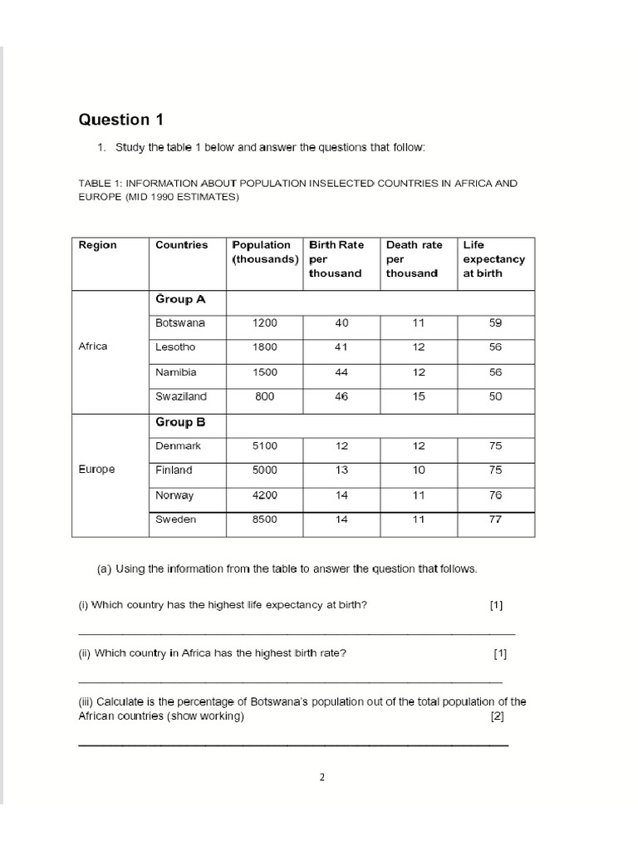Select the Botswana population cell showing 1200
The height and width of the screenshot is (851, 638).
point(264,322)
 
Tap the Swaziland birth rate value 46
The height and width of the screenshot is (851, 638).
point(341,396)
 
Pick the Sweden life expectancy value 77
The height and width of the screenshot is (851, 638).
point(495,519)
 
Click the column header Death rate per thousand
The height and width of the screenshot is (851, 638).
point(414,259)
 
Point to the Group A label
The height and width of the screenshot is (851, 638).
point(174,299)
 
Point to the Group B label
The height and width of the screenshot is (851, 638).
point(174,422)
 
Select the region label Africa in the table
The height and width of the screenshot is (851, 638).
point(93,347)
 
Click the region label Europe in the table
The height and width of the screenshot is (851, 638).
point(96,470)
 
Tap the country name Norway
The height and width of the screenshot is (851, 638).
point(174,495)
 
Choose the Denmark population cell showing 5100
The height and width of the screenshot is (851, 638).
point(264,446)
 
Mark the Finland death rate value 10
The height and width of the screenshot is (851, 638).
point(418,470)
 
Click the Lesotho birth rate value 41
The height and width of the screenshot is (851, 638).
point(341,347)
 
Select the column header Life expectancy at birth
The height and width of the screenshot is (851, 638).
point(493,259)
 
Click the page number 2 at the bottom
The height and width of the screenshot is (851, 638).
point(322,778)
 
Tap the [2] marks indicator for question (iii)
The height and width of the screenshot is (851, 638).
point(497,716)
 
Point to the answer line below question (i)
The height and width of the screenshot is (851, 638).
point(296,634)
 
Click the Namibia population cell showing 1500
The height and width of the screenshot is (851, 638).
point(264,372)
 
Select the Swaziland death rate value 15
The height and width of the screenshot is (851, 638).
point(418,396)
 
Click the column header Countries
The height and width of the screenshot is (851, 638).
point(181,245)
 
